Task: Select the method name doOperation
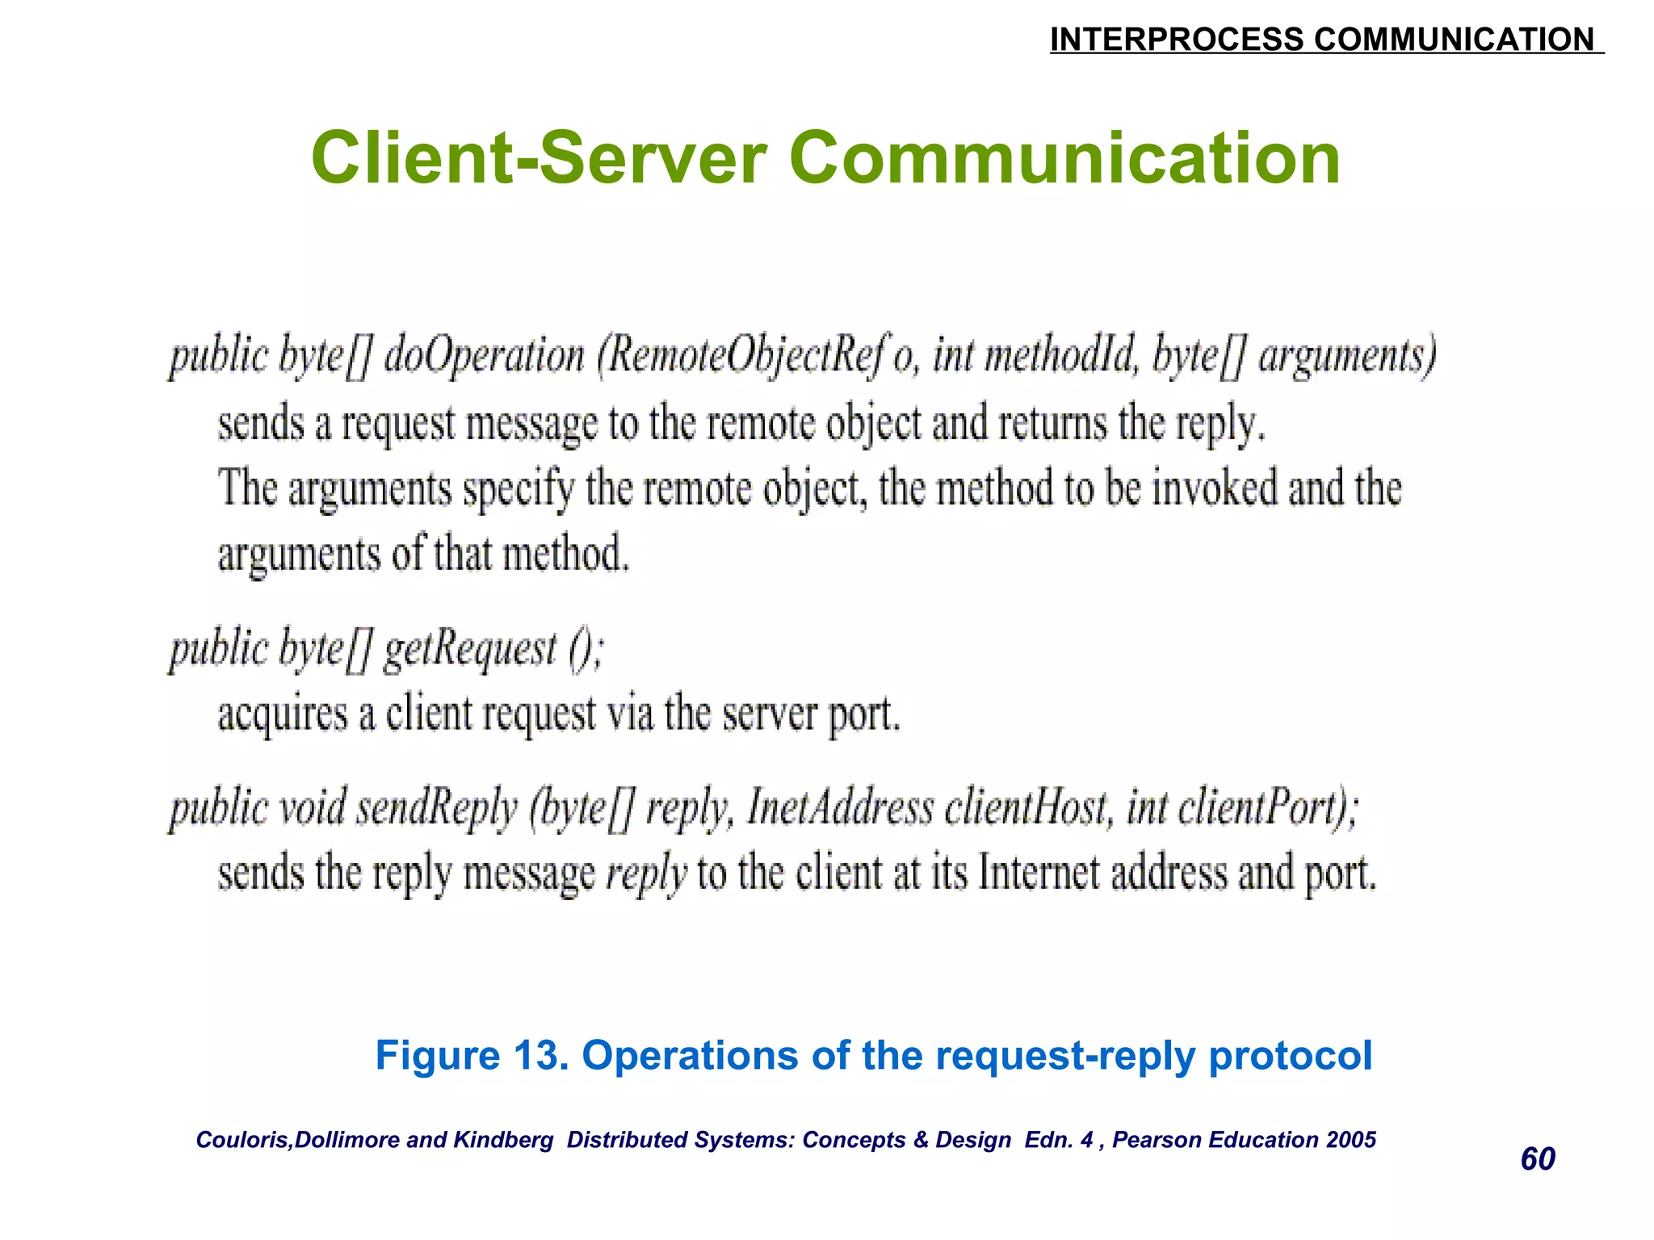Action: (484, 356)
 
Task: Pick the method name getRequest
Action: (470, 650)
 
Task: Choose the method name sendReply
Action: (436, 808)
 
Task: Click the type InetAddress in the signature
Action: (840, 808)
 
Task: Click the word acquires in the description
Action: (283, 715)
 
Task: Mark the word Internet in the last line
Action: (1039, 874)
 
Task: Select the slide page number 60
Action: (1538, 1159)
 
